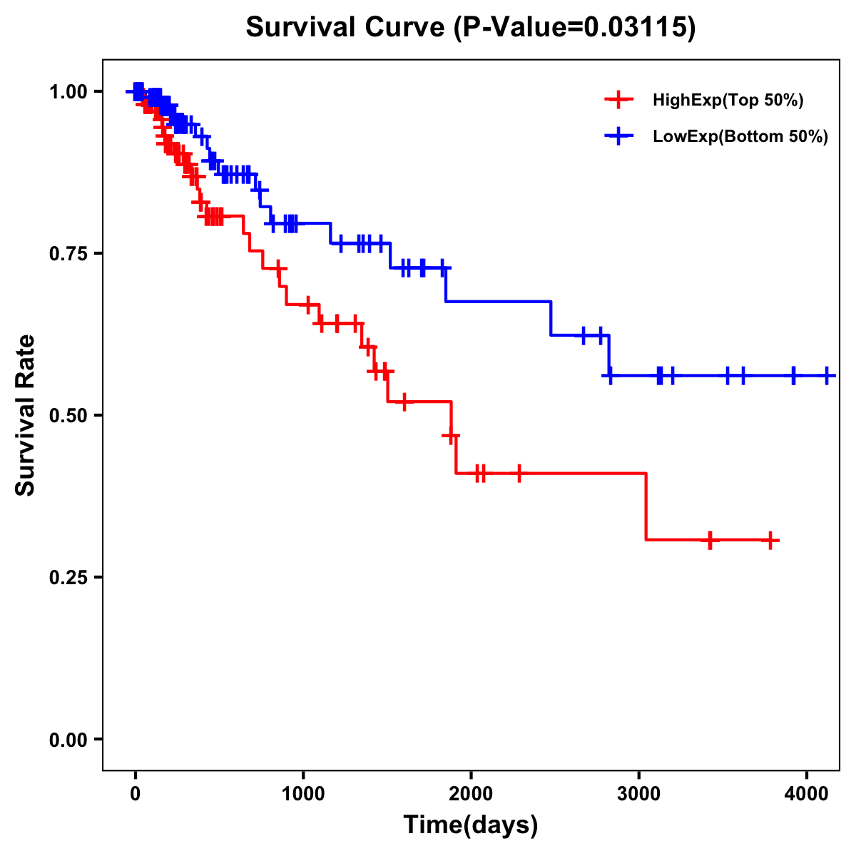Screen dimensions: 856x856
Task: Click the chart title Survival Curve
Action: pyautogui.click(x=470, y=28)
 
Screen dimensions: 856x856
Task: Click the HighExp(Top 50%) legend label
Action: pyautogui.click(x=728, y=101)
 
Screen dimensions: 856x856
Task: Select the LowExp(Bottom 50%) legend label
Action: pyautogui.click(x=740, y=137)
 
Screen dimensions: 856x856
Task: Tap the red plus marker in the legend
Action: pyautogui.click(x=619, y=100)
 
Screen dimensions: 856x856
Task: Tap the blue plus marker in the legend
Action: pyautogui.click(x=619, y=136)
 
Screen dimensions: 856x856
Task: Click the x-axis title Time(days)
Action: pyautogui.click(x=471, y=825)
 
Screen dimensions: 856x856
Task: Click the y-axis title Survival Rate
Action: pyautogui.click(x=26, y=415)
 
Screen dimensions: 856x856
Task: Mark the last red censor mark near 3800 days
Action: pyautogui.click(x=770, y=540)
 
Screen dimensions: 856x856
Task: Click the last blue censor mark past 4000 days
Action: pyautogui.click(x=827, y=375)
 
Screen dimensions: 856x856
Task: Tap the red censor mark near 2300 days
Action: pyautogui.click(x=519, y=473)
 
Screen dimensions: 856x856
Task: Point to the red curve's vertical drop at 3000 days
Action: pyautogui.click(x=646, y=506)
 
